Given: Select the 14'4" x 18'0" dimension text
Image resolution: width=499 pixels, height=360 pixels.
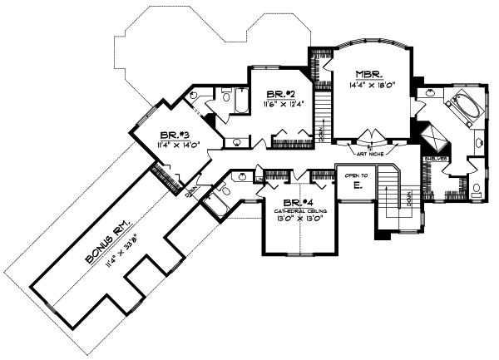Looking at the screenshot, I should coord(368,84).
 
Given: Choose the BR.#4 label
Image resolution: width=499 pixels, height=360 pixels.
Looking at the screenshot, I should coord(298,204).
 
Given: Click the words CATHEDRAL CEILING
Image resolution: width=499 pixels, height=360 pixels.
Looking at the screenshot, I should coord(298,213).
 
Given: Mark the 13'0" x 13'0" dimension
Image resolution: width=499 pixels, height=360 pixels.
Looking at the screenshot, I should coord(298,222).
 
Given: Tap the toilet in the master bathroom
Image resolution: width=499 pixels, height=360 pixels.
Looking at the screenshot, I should coord(475,190).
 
